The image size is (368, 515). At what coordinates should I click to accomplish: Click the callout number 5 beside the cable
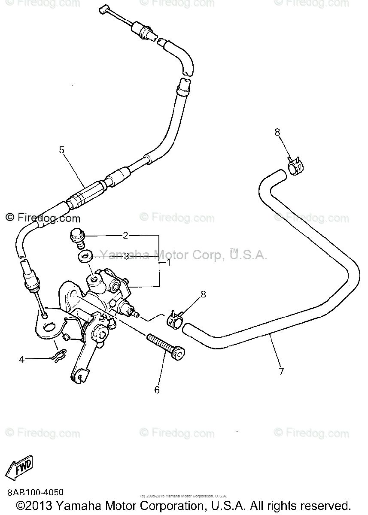pyautogui.click(x=61, y=150)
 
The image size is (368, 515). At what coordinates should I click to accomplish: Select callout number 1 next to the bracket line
pyautogui.click(x=169, y=262)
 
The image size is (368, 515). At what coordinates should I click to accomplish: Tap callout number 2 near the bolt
pyautogui.click(x=125, y=235)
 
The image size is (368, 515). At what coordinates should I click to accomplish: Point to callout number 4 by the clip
pyautogui.click(x=22, y=359)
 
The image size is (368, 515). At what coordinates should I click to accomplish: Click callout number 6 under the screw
pyautogui.click(x=157, y=390)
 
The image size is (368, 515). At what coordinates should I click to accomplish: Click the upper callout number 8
pyautogui.click(x=277, y=132)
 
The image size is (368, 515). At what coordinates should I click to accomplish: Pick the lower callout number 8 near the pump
pyautogui.click(x=203, y=294)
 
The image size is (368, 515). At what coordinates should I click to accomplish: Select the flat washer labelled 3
pyautogui.click(x=85, y=257)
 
